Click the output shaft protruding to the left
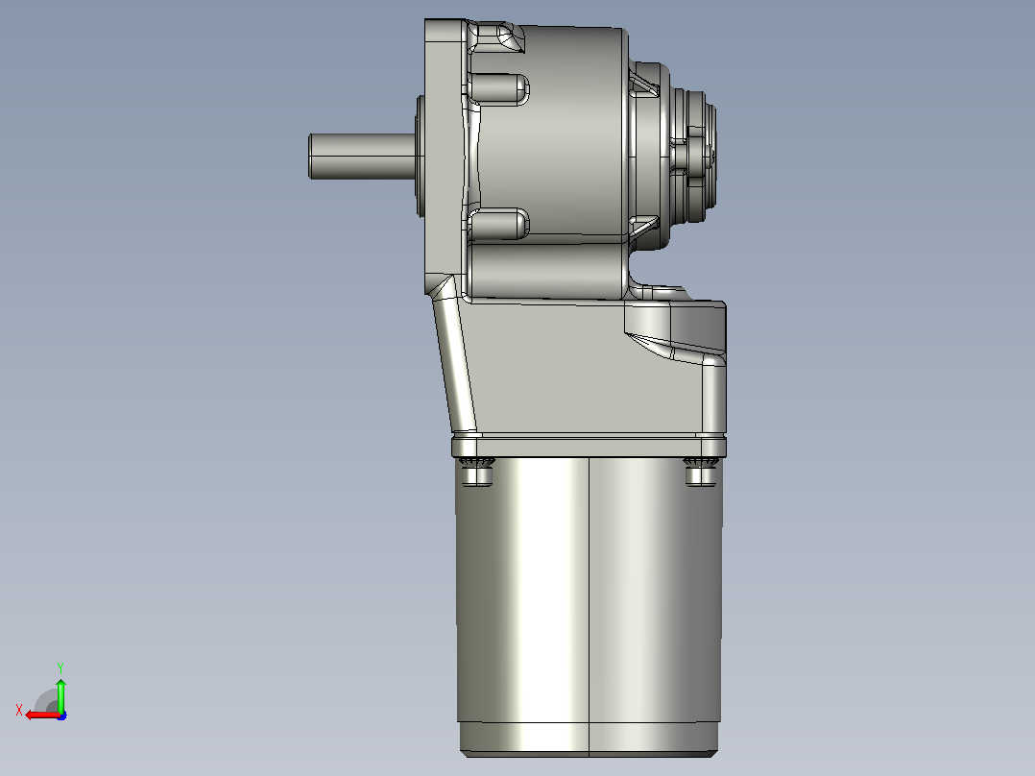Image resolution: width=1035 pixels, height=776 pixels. [362, 157]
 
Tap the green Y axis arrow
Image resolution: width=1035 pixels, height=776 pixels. [60, 693]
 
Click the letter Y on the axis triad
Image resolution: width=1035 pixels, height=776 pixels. [60, 667]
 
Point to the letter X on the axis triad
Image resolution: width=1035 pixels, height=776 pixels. [19, 710]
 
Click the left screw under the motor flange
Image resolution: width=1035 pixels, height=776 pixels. [476, 472]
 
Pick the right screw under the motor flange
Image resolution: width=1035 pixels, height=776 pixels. [701, 472]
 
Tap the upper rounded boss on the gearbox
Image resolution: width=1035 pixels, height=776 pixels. [498, 89]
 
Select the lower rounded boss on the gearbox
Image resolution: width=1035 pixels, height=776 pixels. [498, 224]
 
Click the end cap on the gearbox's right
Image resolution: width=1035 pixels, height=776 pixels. [693, 156]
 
